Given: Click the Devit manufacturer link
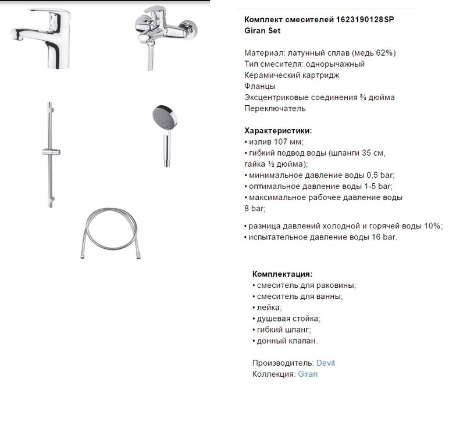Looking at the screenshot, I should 326,363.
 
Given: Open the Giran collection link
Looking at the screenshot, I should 308,374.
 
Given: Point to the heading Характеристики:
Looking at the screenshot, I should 278,130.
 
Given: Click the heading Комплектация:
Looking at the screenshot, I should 282,274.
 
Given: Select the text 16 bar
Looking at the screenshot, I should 382,237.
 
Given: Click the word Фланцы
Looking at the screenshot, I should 260,86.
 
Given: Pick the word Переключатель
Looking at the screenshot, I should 275,108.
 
